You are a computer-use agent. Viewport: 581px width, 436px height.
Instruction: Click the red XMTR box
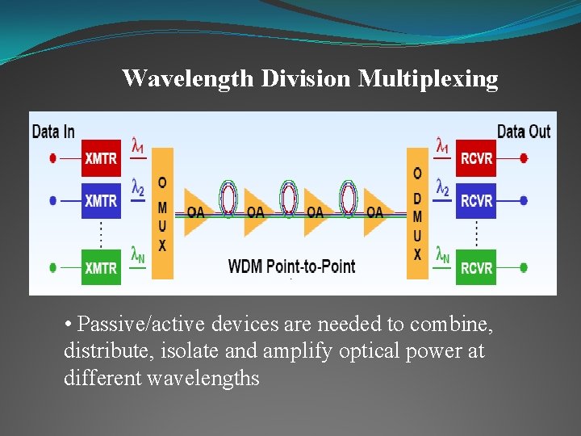pyautogui.click(x=101, y=158)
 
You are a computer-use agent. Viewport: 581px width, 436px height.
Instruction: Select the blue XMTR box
pyautogui.click(x=101, y=199)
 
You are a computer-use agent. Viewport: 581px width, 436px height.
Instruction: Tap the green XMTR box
pyautogui.click(x=101, y=267)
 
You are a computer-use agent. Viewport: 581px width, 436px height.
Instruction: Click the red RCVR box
pyautogui.click(x=476, y=158)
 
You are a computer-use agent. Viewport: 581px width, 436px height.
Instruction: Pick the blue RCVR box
pyautogui.click(x=476, y=199)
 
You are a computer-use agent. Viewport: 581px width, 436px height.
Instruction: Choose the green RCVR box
pyautogui.click(x=476, y=267)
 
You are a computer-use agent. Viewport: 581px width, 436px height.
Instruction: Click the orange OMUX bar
pyautogui.click(x=162, y=213)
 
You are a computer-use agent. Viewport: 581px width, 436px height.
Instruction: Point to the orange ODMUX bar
pyautogui.click(x=417, y=213)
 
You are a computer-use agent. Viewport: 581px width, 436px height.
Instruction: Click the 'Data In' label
pyautogui.click(x=53, y=132)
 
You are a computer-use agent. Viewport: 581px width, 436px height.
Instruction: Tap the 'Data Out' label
pyautogui.click(x=524, y=132)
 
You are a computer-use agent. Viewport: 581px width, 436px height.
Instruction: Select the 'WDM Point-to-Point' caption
pyautogui.click(x=291, y=266)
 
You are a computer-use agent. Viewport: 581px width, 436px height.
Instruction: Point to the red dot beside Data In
pyautogui.click(x=53, y=158)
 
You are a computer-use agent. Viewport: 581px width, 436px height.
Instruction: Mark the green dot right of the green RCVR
pyautogui.click(x=524, y=267)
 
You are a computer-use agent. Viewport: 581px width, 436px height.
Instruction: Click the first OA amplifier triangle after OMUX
pyautogui.click(x=196, y=212)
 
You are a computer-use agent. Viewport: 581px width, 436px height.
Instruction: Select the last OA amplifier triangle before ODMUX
pyautogui.click(x=375, y=212)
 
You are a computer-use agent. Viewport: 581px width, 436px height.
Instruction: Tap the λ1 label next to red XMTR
pyautogui.click(x=138, y=147)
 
